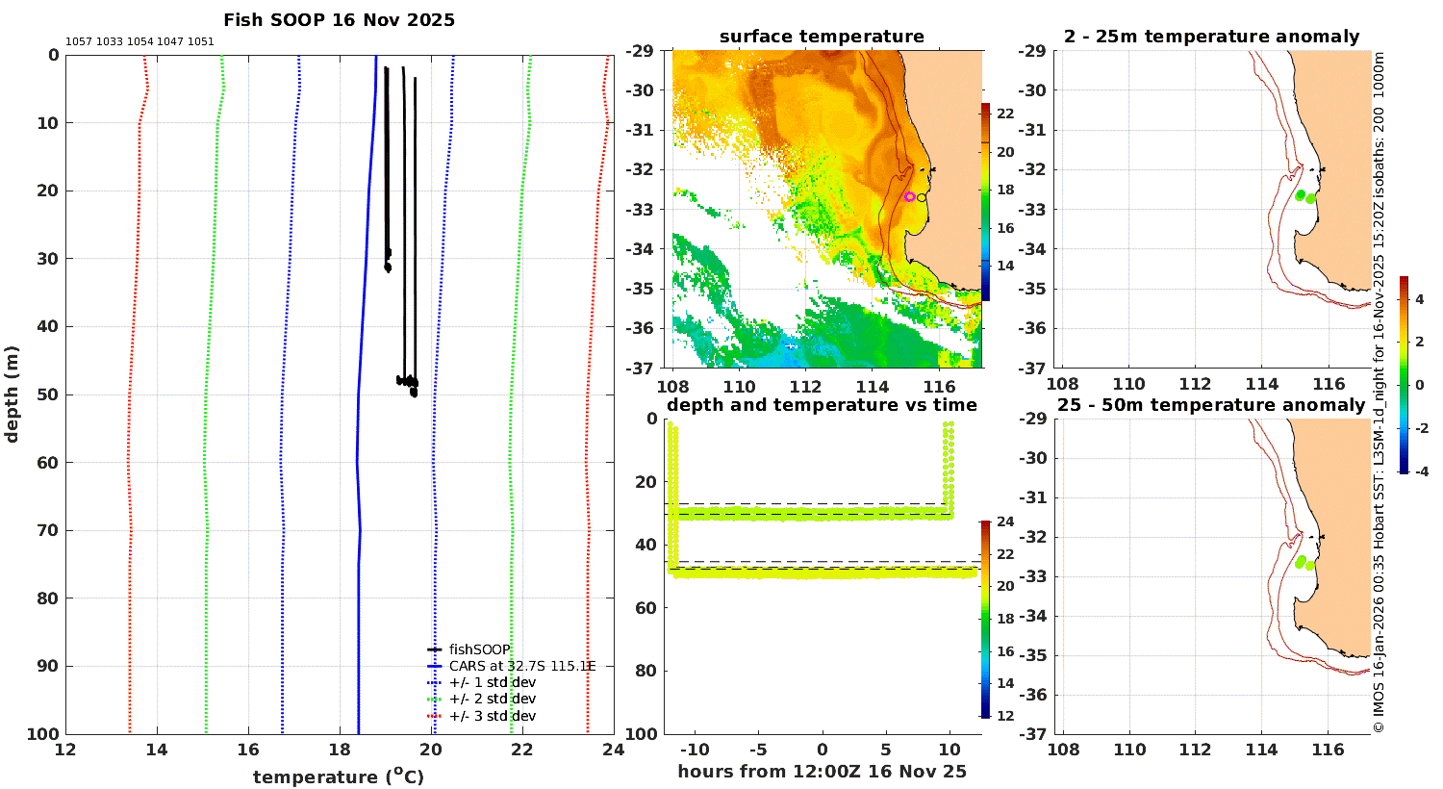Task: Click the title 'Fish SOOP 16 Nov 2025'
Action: [339, 20]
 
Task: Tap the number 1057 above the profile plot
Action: [79, 42]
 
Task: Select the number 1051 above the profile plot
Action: [200, 42]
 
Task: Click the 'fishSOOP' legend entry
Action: [480, 649]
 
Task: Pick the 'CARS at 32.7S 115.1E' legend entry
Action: [521, 666]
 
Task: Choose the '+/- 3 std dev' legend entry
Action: [493, 716]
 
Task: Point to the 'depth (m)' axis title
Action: [12, 394]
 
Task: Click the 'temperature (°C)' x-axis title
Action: [339, 776]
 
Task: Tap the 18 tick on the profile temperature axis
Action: [340, 750]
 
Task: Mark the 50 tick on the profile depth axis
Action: [48, 394]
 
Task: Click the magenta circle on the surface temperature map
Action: [910, 196]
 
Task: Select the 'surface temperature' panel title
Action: [822, 37]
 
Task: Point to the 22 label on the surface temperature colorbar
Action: [1005, 114]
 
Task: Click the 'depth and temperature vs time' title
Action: [822, 404]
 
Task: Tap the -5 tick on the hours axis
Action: [758, 750]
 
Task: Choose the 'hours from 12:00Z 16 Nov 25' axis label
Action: [822, 771]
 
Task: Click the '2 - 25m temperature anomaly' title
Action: [1212, 37]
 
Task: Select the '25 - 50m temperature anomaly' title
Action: [1212, 404]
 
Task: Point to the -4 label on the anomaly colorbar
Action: [1421, 471]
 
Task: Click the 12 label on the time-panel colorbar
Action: [1005, 716]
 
